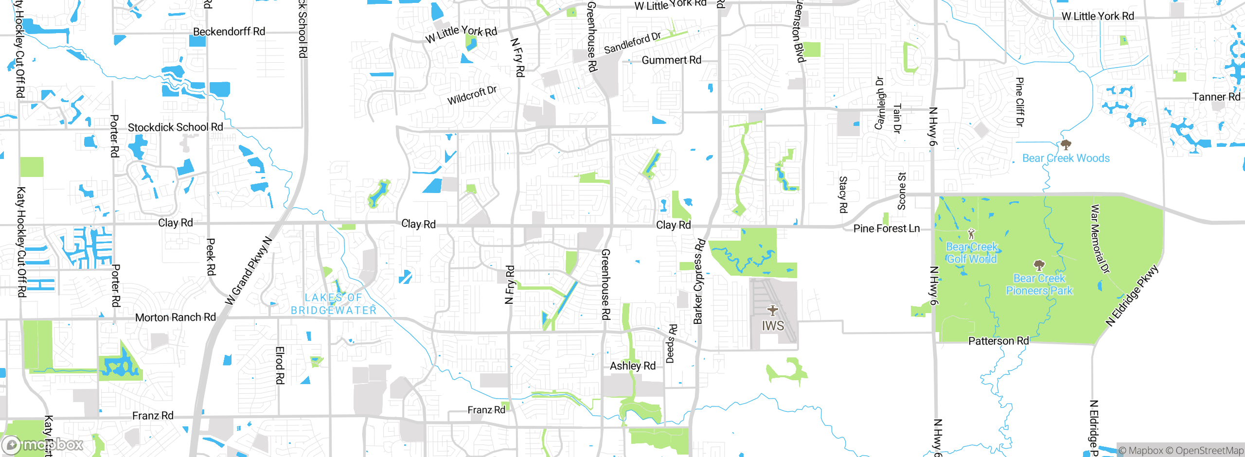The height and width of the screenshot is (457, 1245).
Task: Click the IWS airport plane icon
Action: click(x=772, y=310)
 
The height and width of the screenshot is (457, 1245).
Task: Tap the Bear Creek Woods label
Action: click(x=1066, y=158)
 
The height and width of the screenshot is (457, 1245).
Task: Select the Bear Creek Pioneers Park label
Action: click(x=1039, y=284)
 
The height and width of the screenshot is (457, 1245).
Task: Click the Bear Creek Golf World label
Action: click(x=972, y=253)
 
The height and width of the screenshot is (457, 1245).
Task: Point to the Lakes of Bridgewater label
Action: click(x=334, y=304)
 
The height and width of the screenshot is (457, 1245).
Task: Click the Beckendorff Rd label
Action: click(x=229, y=32)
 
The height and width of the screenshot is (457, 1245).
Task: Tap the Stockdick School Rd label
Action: click(x=175, y=127)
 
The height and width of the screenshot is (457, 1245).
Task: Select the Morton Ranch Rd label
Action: click(x=175, y=317)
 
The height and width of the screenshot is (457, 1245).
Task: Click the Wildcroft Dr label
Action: click(x=472, y=95)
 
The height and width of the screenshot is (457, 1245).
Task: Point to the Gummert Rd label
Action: click(x=671, y=60)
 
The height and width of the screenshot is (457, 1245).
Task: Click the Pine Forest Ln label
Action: click(x=886, y=228)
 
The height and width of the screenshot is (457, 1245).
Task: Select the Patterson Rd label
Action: click(x=998, y=341)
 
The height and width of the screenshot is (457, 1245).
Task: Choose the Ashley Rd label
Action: click(x=632, y=366)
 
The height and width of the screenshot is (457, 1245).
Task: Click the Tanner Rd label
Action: click(x=1216, y=97)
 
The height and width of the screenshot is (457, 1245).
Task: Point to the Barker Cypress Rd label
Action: click(x=699, y=281)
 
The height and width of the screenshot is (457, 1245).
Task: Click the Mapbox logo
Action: click(x=43, y=444)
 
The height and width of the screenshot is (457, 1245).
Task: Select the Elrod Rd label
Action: click(x=280, y=365)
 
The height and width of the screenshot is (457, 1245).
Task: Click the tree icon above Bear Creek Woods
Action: click(x=1066, y=144)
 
